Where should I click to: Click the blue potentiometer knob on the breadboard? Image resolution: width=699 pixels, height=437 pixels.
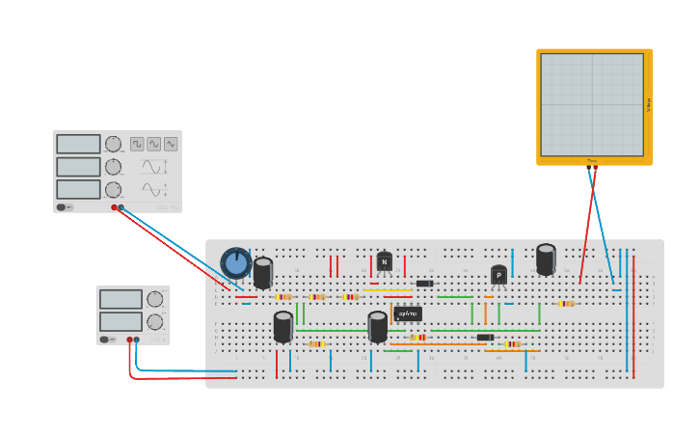pos(235,262)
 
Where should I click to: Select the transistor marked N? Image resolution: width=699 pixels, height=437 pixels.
pos(385,261)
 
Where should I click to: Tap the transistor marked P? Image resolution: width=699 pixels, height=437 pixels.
pos(498,275)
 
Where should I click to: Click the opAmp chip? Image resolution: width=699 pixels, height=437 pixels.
pos(408,314)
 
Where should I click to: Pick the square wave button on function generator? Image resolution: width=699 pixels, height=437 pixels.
pos(137,144)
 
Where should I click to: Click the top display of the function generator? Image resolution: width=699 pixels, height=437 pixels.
pos(78,144)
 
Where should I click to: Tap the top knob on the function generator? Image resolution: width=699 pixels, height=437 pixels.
pos(113,144)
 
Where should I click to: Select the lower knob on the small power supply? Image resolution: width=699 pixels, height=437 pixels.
pos(154,321)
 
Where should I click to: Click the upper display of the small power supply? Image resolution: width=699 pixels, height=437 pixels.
pos(121,299)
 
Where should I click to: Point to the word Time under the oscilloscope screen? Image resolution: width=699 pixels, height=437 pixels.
pos(592,161)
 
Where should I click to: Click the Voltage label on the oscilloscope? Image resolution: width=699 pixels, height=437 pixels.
pos(649,104)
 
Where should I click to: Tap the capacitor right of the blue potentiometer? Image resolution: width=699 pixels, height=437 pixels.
pos(262,272)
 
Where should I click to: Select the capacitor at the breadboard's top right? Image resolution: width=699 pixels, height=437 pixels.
pos(546,259)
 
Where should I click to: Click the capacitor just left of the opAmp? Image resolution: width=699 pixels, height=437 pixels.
pos(377,326)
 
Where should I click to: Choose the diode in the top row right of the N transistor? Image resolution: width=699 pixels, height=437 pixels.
pos(424,284)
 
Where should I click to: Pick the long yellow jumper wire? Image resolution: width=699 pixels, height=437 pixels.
pos(387,289)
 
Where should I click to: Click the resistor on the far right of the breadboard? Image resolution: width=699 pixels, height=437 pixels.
pos(566,303)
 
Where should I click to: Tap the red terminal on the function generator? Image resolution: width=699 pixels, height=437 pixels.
pos(114,207)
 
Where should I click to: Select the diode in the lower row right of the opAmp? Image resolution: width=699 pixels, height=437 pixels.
pos(485,337)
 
